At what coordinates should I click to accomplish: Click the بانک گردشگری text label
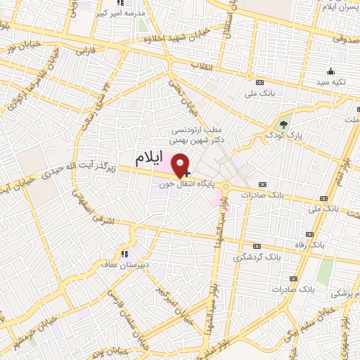[257, 257]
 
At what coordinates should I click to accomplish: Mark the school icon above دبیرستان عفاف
[124, 254]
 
